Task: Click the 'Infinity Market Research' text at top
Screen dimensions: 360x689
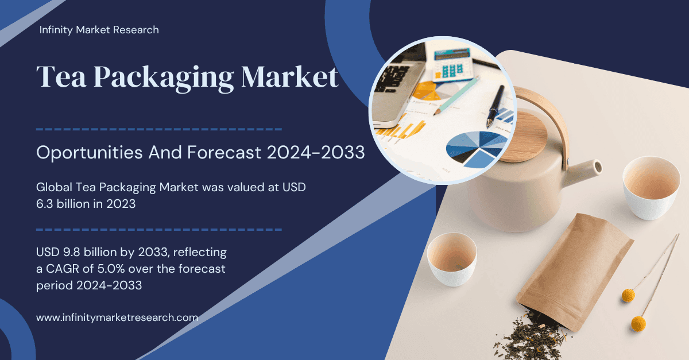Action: (99, 29)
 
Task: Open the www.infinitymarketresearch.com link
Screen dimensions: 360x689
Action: (117, 317)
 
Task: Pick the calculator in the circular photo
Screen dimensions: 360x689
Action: (453, 63)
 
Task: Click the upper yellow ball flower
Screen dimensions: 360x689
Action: (628, 296)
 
